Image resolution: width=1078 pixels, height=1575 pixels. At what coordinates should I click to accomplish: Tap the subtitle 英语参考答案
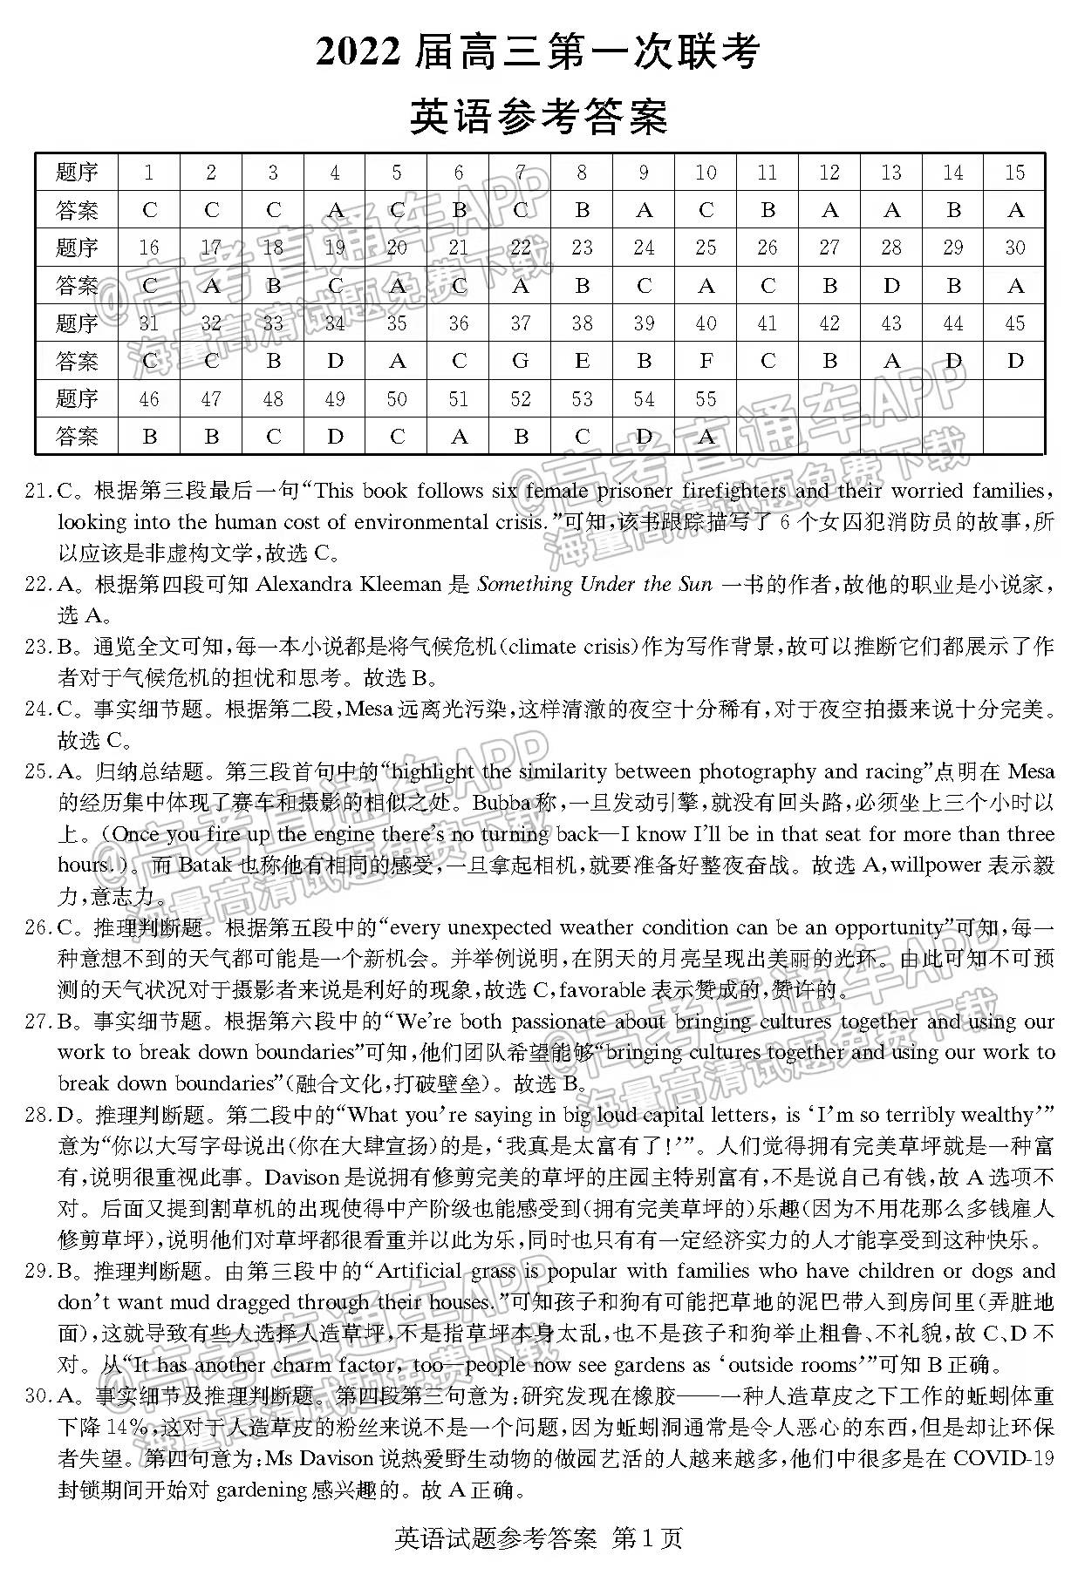tap(538, 117)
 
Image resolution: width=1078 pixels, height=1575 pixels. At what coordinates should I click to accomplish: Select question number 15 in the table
tap(1014, 173)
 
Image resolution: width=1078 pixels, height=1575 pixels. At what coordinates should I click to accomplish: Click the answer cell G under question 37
tap(521, 361)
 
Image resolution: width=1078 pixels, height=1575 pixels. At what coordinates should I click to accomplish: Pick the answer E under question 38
tap(583, 361)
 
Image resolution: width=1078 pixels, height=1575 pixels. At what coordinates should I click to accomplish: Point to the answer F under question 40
tap(706, 361)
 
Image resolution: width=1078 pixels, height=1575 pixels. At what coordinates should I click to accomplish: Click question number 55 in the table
tap(706, 399)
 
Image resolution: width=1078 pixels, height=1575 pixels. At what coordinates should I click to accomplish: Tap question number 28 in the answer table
tap(890, 248)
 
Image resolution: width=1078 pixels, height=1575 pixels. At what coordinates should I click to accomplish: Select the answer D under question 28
tap(890, 286)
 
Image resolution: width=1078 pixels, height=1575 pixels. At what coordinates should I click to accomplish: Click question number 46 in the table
tap(149, 399)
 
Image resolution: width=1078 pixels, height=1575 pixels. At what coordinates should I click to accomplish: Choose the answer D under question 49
tap(335, 437)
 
